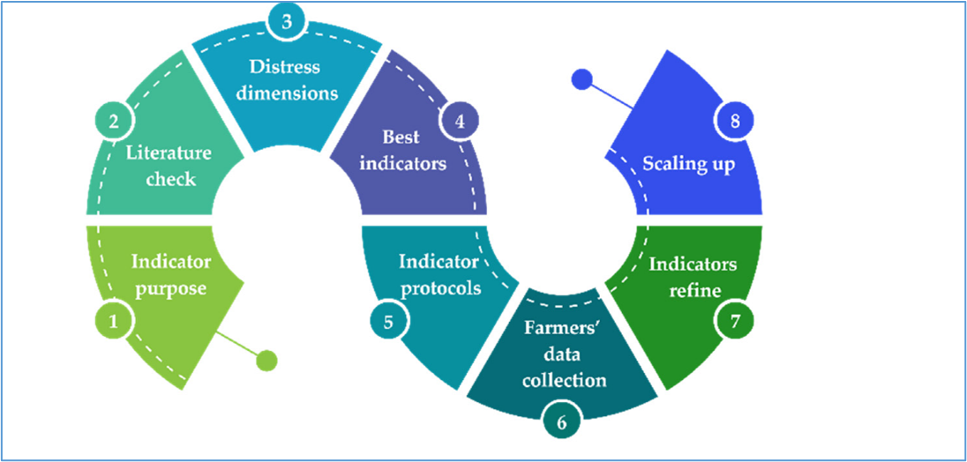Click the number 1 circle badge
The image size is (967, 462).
click(113, 321)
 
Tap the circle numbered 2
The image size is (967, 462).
click(113, 121)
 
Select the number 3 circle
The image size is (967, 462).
click(286, 22)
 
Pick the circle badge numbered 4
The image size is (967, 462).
click(459, 121)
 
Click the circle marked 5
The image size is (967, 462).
click(388, 321)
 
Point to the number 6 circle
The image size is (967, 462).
click(560, 422)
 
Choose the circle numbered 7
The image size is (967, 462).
click(734, 321)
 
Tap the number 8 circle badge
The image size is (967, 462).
click(734, 121)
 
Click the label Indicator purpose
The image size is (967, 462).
click(171, 275)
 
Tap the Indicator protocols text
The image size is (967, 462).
click(439, 275)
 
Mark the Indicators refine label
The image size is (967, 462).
click(693, 277)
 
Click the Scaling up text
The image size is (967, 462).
click(689, 165)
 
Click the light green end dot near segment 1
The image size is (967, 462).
click(266, 361)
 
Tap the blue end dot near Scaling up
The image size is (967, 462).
click(582, 78)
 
